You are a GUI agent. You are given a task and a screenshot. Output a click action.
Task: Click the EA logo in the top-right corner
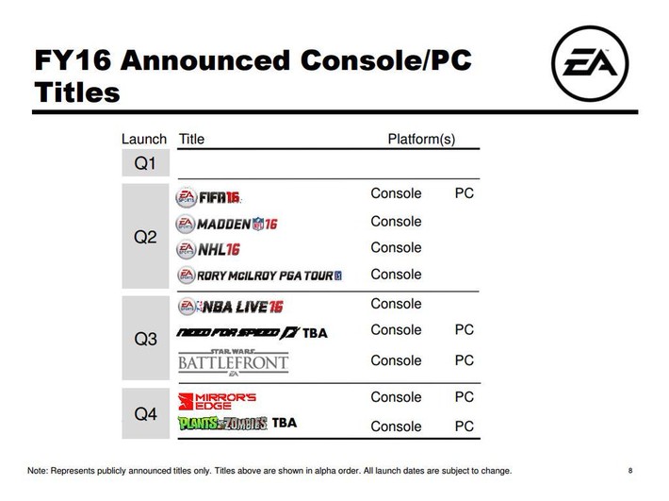click(590, 63)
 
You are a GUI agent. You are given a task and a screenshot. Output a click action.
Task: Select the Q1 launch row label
click(145, 163)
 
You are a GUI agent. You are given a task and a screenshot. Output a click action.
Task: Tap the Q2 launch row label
click(145, 237)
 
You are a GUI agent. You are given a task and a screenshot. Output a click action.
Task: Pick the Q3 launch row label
click(145, 339)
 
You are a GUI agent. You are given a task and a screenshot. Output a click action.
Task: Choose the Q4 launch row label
click(145, 413)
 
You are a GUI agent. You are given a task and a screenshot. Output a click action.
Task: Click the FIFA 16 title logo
click(208, 197)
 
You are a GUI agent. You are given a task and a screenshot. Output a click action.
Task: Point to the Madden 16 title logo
click(226, 224)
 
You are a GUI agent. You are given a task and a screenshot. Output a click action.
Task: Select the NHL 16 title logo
click(208, 249)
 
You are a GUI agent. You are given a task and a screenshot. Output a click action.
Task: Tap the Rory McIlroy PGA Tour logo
click(259, 276)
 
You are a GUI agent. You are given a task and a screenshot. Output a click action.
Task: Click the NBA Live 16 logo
click(231, 307)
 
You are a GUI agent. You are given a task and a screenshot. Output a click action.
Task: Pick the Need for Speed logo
click(239, 333)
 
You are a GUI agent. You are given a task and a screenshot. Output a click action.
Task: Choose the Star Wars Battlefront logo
click(233, 362)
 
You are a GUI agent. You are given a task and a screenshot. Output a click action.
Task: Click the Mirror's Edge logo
click(217, 401)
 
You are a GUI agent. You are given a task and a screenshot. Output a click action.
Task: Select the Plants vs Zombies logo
click(222, 424)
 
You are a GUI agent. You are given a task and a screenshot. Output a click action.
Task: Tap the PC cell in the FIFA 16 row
click(465, 193)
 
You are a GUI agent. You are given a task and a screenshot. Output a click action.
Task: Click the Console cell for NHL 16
click(396, 248)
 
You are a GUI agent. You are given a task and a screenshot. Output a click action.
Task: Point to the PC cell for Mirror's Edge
click(465, 397)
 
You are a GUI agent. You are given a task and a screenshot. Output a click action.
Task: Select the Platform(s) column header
click(421, 140)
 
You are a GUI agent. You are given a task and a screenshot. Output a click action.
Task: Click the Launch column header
click(144, 139)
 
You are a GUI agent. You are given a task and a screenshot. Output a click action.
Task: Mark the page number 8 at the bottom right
click(630, 471)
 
